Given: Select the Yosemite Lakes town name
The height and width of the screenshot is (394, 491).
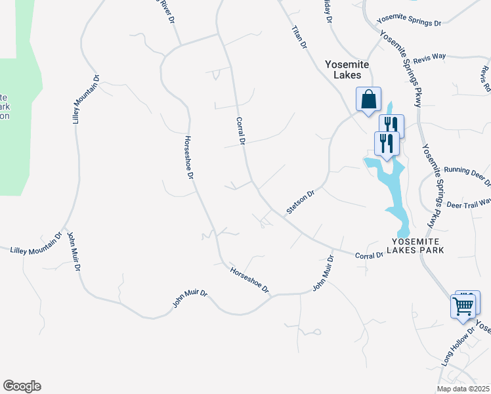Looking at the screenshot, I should tap(348, 70).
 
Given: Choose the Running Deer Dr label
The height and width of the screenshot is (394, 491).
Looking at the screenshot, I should tap(467, 173).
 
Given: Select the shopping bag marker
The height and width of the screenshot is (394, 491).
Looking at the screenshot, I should tap(368, 99).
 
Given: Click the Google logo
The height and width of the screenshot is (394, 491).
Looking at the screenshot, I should tap(22, 386).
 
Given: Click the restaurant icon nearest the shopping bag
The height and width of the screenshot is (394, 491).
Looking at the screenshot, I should tap(391, 124).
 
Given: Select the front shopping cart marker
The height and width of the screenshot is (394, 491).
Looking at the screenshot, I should tap(463, 305).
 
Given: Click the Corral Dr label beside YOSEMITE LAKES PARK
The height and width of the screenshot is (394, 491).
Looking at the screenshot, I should tap(368, 255).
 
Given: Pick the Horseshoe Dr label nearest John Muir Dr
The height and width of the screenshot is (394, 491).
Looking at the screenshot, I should tap(249, 280).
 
